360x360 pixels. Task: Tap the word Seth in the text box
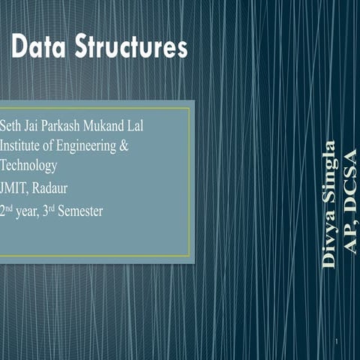[x=13, y=125]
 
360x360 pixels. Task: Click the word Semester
[x=80, y=211]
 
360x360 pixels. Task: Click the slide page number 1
[x=338, y=343]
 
